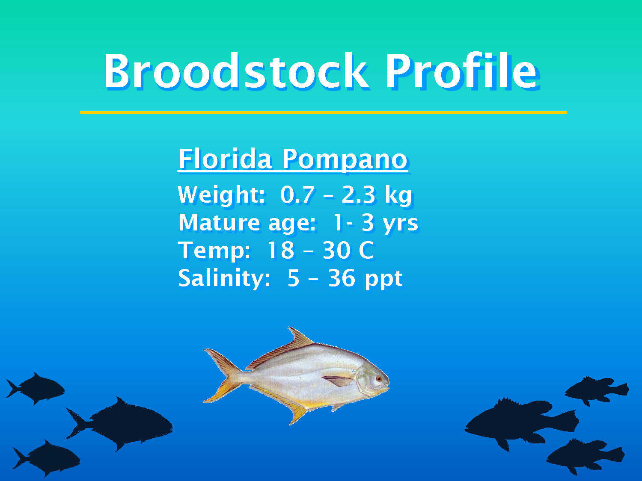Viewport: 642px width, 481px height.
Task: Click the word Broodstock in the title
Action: pyautogui.click(x=235, y=71)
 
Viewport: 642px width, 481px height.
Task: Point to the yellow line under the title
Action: pyautogui.click(x=323, y=112)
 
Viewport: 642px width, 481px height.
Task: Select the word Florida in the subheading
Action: pyautogui.click(x=225, y=159)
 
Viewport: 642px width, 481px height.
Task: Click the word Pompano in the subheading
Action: pyautogui.click(x=345, y=160)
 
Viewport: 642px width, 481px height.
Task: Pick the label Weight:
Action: pyautogui.click(x=221, y=195)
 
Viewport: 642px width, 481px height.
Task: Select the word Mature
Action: pyautogui.click(x=219, y=223)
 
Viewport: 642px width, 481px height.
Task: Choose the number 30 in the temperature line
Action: pyautogui.click(x=336, y=251)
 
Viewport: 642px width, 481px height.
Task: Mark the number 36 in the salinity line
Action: pyautogui.click(x=342, y=278)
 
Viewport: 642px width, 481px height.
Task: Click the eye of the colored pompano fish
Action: pyautogui.click(x=378, y=379)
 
